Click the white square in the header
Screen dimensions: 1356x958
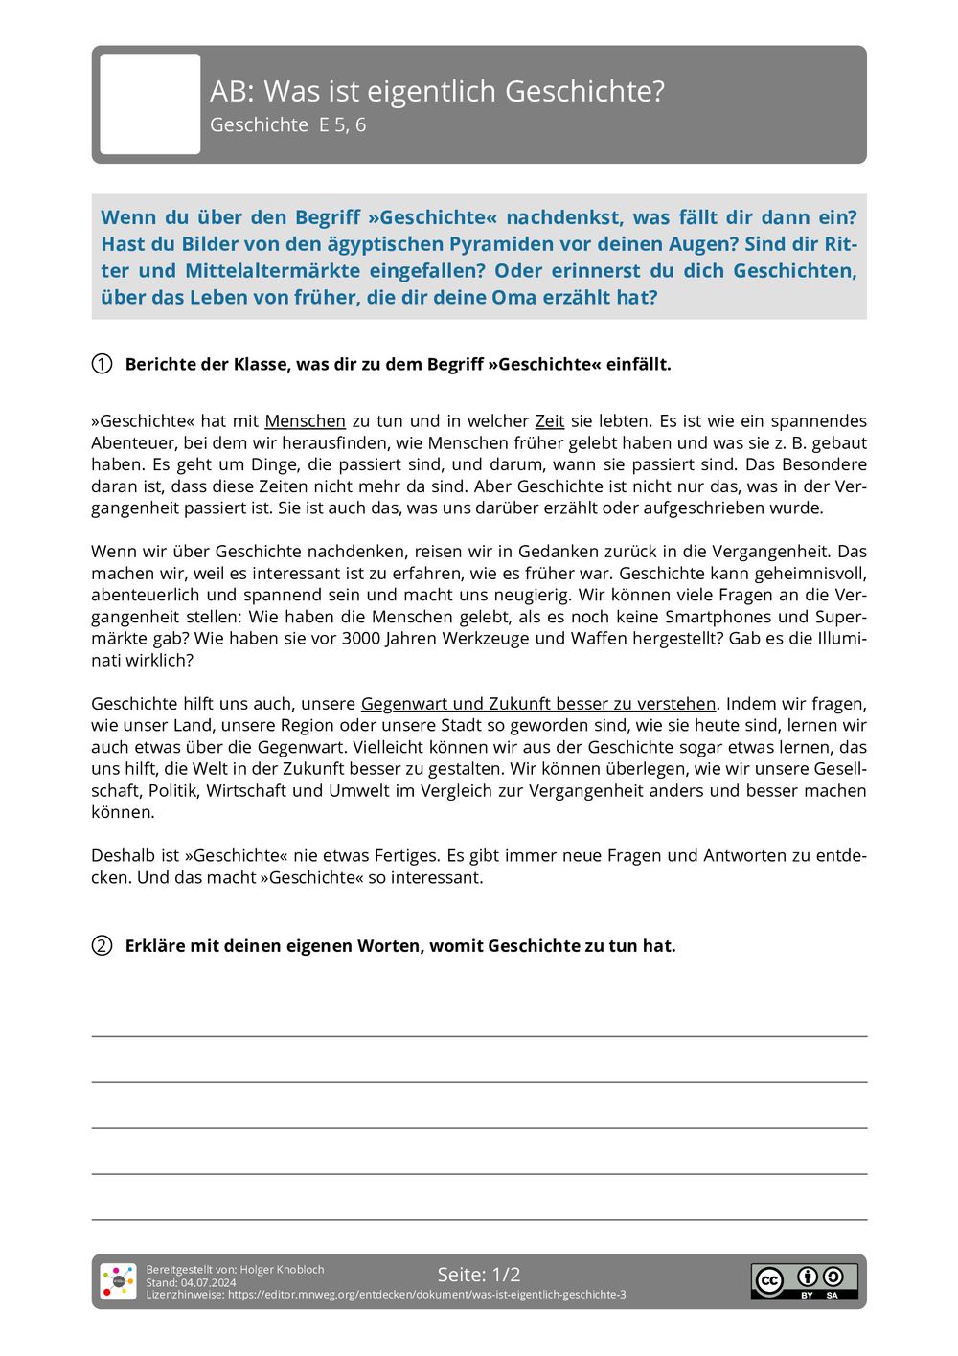click(150, 104)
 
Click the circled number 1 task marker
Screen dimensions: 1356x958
click(102, 364)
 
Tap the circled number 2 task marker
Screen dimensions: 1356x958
click(102, 945)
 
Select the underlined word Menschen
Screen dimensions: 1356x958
click(305, 420)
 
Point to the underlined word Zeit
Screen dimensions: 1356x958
click(549, 420)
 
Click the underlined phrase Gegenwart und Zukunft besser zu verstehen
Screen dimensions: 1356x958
click(538, 704)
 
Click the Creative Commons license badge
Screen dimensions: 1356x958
click(804, 1281)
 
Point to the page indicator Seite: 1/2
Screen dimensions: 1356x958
click(479, 1275)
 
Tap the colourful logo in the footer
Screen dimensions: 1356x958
click(119, 1281)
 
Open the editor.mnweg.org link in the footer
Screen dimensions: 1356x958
click(426, 1295)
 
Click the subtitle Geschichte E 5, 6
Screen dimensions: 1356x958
click(287, 124)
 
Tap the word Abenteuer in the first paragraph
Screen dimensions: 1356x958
click(130, 442)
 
